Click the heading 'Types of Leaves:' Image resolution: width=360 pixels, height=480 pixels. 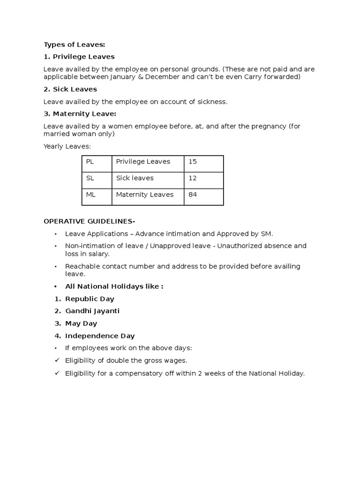coord(75,45)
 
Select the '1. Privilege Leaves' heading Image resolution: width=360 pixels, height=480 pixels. coord(79,57)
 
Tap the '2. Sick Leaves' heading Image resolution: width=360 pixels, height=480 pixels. coord(70,89)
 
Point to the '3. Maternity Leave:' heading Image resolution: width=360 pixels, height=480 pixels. coord(80,114)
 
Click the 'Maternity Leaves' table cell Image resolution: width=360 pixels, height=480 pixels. coord(145,195)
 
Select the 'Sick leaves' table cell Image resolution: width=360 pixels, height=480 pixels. coord(135,178)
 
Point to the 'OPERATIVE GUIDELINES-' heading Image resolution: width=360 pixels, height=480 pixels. coord(90,221)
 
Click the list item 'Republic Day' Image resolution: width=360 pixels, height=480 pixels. coord(90,299)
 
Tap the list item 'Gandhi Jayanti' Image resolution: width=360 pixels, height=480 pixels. coord(92,311)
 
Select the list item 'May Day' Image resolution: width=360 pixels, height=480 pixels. coord(81,323)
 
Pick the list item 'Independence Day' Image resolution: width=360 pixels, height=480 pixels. coord(100,336)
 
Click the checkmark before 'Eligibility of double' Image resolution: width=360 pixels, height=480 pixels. coord(57,360)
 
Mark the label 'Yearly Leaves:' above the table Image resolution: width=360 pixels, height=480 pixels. coord(67,146)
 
